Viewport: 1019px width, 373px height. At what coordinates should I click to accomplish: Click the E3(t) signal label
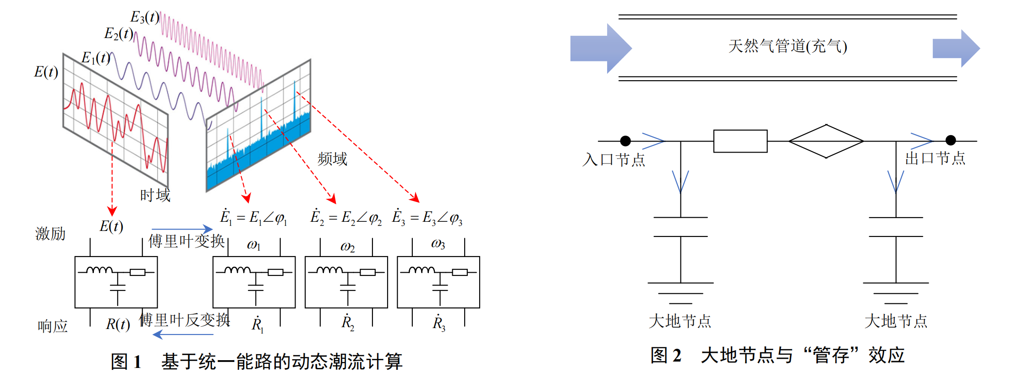145,17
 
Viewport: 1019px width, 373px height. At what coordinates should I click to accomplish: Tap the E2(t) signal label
119,33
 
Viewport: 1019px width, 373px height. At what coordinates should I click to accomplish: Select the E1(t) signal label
96,58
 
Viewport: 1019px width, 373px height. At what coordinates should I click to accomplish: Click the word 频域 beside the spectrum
332,159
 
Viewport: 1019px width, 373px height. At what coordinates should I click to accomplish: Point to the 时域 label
155,195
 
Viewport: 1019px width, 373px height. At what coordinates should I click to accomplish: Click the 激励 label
50,234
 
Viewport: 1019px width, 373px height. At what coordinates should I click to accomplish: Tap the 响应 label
53,326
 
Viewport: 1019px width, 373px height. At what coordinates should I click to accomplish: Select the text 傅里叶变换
186,241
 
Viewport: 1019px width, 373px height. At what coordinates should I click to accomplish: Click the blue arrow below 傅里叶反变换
183,335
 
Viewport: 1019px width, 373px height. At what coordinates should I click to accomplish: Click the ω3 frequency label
438,244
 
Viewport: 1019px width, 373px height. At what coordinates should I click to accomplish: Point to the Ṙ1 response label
257,324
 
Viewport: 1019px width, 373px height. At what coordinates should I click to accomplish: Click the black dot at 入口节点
625,141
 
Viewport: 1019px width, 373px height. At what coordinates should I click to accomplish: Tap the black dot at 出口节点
951,140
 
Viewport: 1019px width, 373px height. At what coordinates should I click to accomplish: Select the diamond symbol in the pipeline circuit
826,141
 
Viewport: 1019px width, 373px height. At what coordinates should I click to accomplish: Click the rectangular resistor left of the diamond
740,141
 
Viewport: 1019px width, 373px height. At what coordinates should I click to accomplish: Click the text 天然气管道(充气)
788,46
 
